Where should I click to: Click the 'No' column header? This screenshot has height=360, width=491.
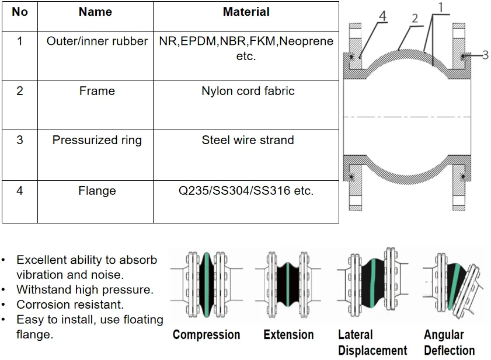tap(20, 12)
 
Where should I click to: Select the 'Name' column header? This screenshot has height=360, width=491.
tap(95, 12)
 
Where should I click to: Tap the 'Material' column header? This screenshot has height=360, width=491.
tap(246, 12)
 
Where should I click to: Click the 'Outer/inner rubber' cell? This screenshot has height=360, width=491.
tap(97, 41)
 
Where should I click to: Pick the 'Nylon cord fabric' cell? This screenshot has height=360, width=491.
tap(248, 91)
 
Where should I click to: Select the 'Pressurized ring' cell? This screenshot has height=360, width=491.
tap(97, 140)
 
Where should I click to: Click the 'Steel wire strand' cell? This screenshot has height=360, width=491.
tap(248, 140)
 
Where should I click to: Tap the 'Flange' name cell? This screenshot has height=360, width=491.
tap(97, 191)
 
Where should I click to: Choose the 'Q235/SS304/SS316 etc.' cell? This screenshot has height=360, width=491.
tap(246, 191)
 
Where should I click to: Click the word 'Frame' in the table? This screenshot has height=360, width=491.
tap(97, 91)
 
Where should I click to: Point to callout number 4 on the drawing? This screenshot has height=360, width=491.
tap(382, 16)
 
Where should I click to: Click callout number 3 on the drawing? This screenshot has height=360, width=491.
tap(485, 55)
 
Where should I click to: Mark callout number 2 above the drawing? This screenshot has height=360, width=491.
tap(415, 19)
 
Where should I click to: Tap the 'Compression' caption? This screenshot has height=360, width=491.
tap(206, 335)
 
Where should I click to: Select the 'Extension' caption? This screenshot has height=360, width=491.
tap(288, 335)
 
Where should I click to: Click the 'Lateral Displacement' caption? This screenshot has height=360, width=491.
tap(372, 342)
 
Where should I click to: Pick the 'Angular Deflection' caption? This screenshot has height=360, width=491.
tap(449, 342)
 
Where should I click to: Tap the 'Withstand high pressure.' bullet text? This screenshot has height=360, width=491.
tap(85, 289)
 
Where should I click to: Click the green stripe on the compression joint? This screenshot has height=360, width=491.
tap(207, 284)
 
